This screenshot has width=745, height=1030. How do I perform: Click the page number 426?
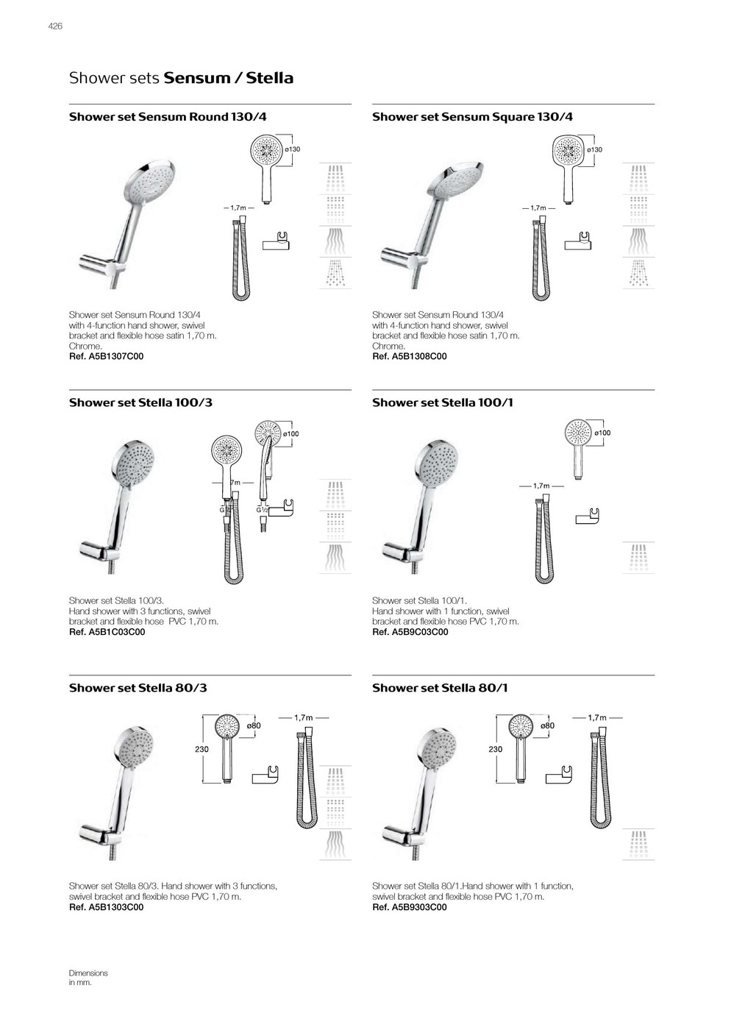[x=55, y=26]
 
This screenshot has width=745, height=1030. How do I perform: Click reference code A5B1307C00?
[x=106, y=357]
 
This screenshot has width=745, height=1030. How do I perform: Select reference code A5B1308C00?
[x=409, y=357]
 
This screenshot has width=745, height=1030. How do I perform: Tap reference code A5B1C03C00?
[x=107, y=632]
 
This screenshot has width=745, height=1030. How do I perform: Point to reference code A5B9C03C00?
[x=410, y=632]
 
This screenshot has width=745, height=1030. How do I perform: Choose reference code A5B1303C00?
[x=106, y=907]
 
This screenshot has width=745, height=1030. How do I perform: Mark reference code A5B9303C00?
[x=409, y=907]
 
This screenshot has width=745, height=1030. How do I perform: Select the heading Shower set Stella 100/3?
[x=140, y=402]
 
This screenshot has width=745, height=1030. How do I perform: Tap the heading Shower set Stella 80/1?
[x=440, y=688]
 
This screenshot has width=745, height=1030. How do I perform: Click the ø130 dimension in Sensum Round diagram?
[x=293, y=149]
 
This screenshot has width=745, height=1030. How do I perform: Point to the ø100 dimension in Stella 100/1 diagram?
[x=602, y=433]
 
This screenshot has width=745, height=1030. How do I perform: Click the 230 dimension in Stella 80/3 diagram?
[x=202, y=749]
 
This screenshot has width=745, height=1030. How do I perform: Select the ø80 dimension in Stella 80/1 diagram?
[x=547, y=726]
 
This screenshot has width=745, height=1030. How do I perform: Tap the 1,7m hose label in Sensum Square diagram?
[x=538, y=208]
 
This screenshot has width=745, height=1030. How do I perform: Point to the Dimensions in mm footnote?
[x=88, y=978]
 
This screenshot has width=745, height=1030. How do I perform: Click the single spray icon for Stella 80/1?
[x=638, y=845]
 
